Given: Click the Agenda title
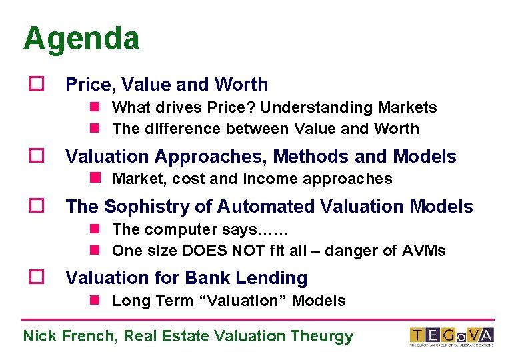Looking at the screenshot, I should click(x=81, y=39).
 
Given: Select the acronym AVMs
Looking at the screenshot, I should click(x=424, y=251).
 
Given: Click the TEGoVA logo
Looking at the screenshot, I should click(x=451, y=337).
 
